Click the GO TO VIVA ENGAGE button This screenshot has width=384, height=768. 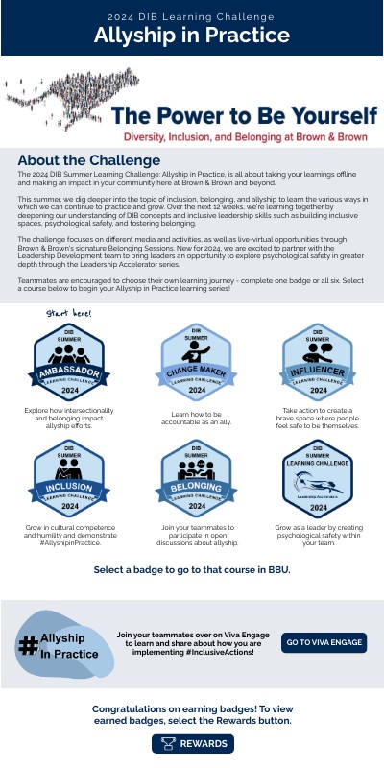pyautogui.click(x=324, y=642)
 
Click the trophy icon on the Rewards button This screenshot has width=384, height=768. pyautogui.click(x=168, y=744)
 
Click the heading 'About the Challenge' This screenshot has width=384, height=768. pyautogui.click(x=88, y=159)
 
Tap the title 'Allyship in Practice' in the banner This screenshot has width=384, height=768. pyautogui.click(x=192, y=36)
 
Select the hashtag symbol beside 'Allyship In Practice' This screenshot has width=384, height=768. pyautogui.click(x=29, y=645)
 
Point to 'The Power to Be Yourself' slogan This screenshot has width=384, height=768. pyautogui.click(x=245, y=116)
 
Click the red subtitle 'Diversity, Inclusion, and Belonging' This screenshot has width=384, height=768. pyautogui.click(x=245, y=136)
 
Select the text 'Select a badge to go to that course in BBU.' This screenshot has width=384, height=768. pyautogui.click(x=192, y=570)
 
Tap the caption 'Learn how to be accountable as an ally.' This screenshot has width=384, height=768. pyautogui.click(x=196, y=416)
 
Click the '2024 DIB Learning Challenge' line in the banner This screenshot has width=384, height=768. pyautogui.click(x=192, y=15)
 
